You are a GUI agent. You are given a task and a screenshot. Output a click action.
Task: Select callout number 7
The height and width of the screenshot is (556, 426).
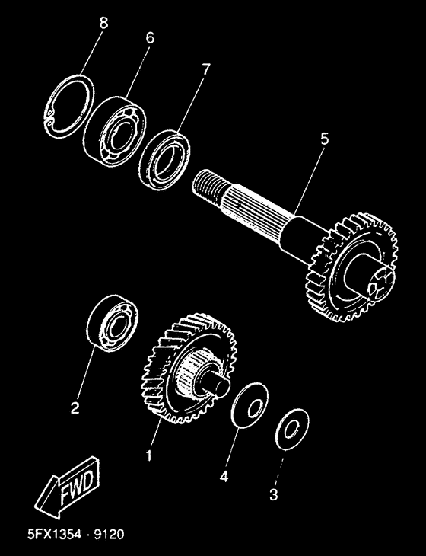[x=204, y=69]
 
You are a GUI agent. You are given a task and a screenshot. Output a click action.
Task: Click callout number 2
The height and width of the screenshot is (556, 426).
[x=75, y=407]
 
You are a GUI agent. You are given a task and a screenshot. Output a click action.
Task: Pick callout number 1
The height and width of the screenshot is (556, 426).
[x=149, y=456]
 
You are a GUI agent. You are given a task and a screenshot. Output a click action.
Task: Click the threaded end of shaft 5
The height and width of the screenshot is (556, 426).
[x=208, y=186]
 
